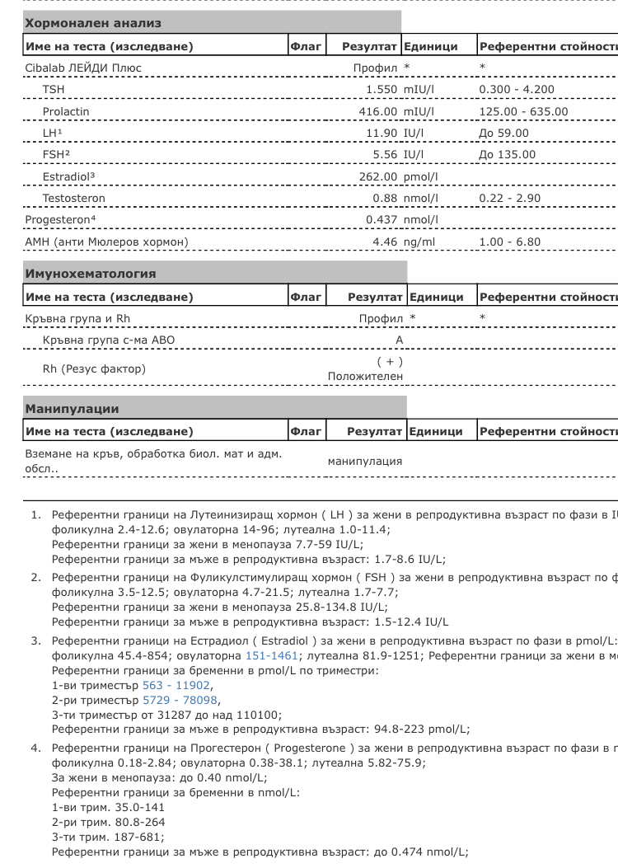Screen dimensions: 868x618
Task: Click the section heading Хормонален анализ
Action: click(x=93, y=23)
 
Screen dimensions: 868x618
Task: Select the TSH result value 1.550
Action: click(x=383, y=89)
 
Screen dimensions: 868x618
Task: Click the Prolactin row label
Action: click(x=66, y=111)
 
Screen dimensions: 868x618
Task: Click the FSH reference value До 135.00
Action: click(x=507, y=154)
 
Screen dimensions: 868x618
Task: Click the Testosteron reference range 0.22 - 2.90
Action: click(x=509, y=198)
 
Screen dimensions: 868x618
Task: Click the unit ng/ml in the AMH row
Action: click(x=419, y=242)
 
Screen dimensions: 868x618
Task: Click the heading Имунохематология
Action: click(x=91, y=273)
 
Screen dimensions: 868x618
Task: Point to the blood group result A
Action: click(x=400, y=340)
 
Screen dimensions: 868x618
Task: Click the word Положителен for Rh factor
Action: click(x=365, y=376)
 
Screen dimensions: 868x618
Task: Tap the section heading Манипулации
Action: click(x=72, y=408)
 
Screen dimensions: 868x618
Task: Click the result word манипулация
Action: click(x=365, y=461)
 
